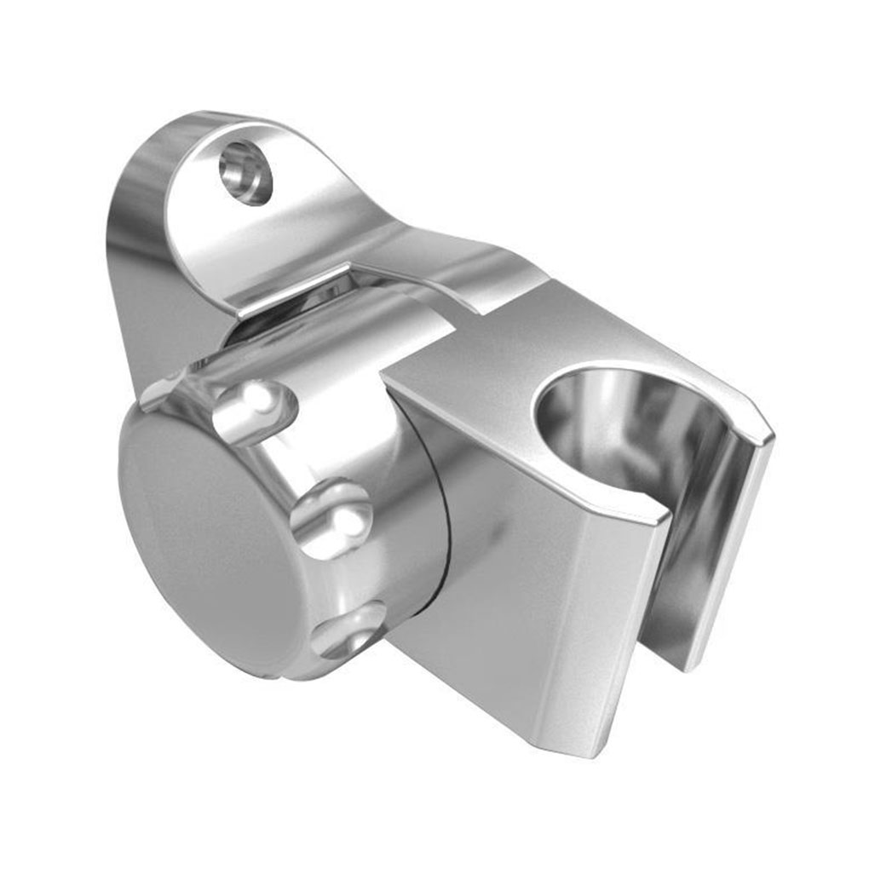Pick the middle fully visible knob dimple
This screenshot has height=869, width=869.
[331, 518]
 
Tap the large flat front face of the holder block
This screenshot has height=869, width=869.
[528, 596]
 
